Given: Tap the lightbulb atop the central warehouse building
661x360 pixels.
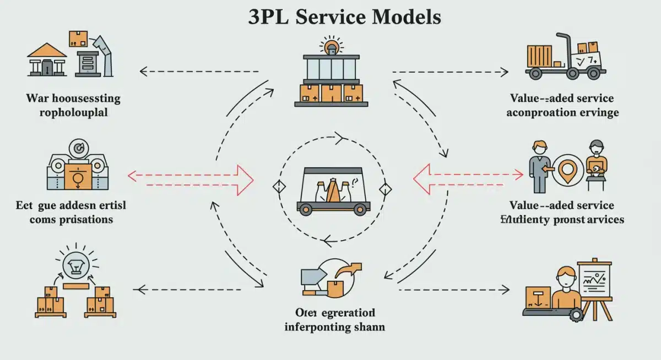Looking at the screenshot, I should click(331, 45).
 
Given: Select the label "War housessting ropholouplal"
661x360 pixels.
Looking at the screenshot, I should click(73, 106).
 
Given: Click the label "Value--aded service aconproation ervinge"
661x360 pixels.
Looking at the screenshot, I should click(561, 106).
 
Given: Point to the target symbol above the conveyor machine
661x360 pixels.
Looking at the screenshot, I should click(76, 148).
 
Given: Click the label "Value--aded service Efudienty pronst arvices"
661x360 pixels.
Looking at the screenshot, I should click(561, 212).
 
